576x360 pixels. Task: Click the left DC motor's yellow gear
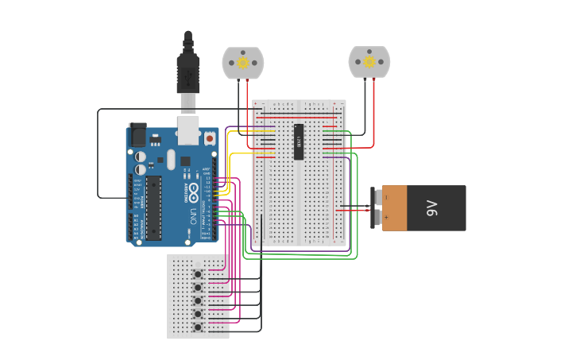242,63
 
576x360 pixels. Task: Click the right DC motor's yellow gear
369,62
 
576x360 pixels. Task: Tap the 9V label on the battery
432,208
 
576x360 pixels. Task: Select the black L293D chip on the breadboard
299,141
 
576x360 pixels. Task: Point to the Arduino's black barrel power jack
137,134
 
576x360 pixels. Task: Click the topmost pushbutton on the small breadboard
198,274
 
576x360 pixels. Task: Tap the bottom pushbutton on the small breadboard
198,327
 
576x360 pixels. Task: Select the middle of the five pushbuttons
198,300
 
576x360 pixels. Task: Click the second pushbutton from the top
198,287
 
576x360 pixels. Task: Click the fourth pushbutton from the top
198,314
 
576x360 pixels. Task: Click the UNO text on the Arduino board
193,215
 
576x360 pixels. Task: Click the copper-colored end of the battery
394,208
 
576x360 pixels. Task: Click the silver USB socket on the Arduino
187,131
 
